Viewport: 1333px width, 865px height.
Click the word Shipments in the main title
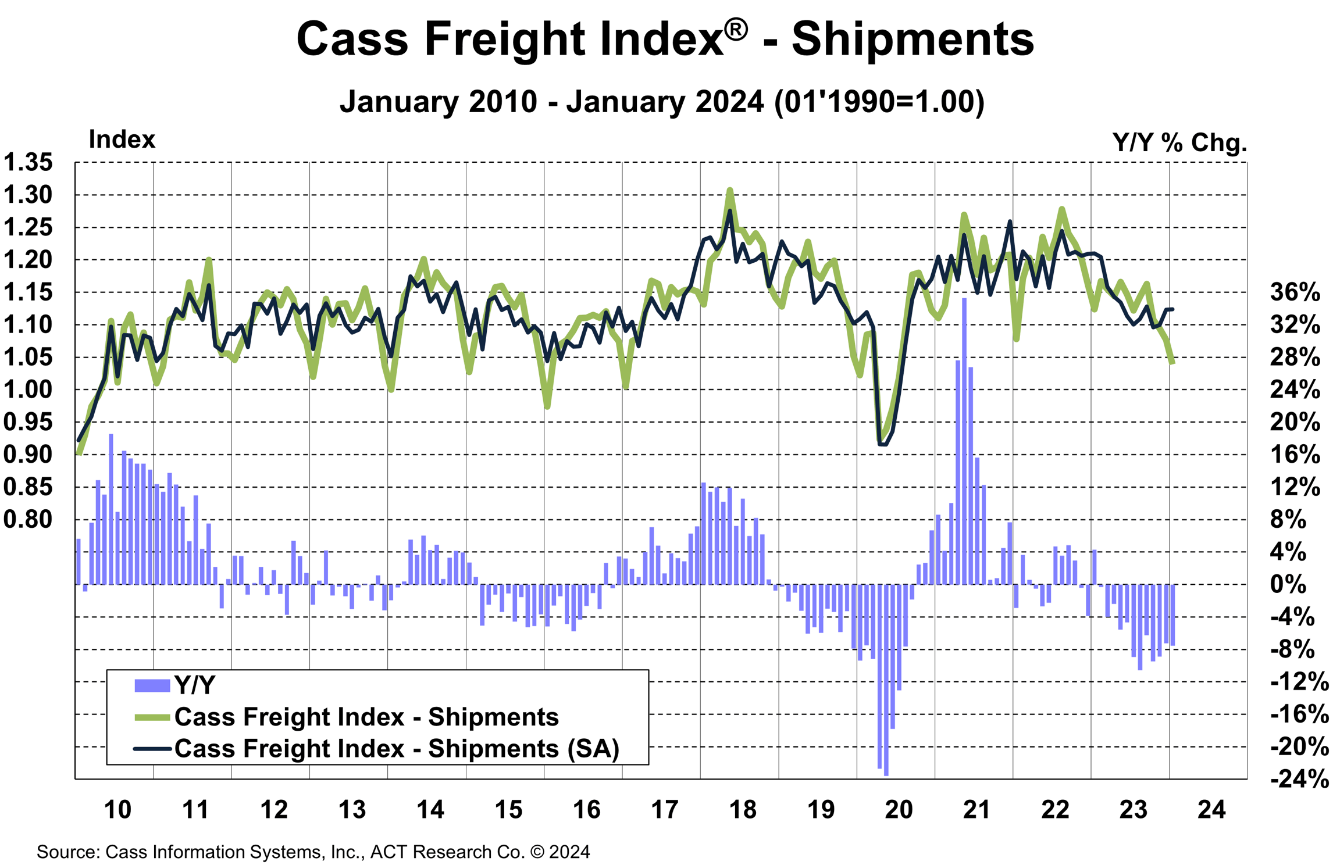click(913, 40)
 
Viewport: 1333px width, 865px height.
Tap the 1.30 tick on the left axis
click(28, 195)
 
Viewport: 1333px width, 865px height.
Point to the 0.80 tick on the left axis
click(28, 519)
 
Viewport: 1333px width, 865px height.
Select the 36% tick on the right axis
click(1295, 292)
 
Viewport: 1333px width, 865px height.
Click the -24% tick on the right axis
click(1299, 779)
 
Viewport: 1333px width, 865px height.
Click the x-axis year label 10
click(117, 810)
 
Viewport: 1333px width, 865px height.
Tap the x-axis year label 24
click(1211, 810)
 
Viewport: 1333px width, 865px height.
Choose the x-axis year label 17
click(664, 810)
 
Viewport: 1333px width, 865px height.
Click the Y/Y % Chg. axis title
click(1179, 142)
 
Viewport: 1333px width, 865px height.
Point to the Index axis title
click(122, 140)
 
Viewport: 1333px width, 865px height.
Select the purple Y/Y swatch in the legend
click(152, 686)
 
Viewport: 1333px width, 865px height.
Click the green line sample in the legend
click(152, 718)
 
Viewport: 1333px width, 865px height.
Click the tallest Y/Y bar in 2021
click(964, 442)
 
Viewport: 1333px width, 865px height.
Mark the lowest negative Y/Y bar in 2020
click(886, 680)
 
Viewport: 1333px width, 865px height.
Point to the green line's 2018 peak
click(730, 190)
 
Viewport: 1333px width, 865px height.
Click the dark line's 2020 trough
click(882, 445)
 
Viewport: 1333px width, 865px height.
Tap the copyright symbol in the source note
click(537, 852)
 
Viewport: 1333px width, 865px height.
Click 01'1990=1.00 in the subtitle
click(879, 102)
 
